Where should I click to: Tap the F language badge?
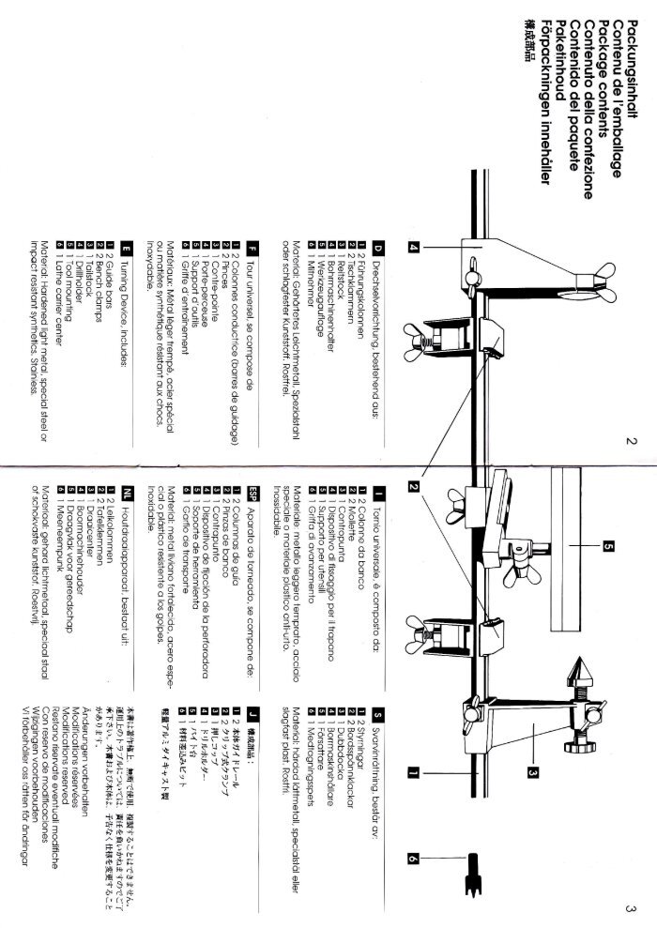252,246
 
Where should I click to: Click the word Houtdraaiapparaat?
127,543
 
